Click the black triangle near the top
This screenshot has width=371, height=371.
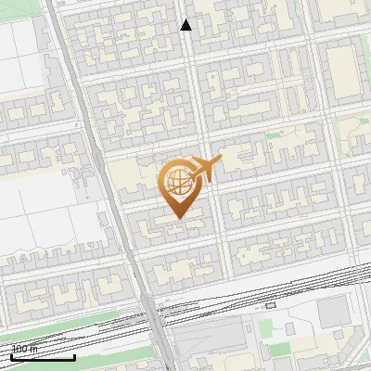pos(185,25)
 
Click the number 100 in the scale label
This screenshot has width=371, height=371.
pos(19,350)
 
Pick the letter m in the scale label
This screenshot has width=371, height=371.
pos(33,350)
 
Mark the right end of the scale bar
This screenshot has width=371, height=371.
pos(75,357)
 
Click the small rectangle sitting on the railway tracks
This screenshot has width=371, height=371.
pos(271,304)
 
